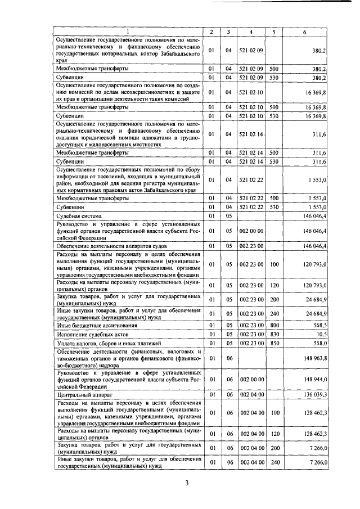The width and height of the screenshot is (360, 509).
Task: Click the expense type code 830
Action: (273, 334)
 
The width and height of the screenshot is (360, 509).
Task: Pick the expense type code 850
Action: (273, 343)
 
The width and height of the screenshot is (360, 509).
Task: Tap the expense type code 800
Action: (273, 325)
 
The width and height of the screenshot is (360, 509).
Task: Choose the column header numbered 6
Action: (304, 32)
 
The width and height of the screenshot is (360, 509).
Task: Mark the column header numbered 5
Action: (273, 32)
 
